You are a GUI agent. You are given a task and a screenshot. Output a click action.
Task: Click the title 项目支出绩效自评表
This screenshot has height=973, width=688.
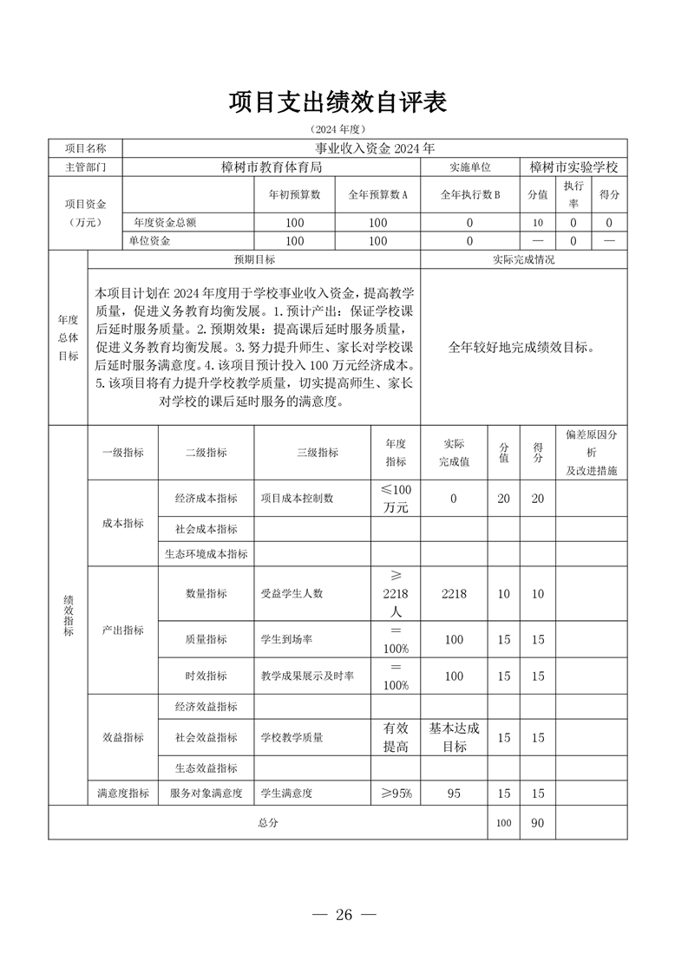coord(337,102)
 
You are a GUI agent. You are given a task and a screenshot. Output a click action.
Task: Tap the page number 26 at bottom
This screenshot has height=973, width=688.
coord(344,915)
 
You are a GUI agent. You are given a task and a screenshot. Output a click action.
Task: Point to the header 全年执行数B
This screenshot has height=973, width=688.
coord(470,195)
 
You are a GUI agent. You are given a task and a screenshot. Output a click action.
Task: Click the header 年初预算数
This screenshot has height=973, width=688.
coord(295,195)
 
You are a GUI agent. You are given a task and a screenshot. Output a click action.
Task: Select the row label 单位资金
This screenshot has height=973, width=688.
coord(150,241)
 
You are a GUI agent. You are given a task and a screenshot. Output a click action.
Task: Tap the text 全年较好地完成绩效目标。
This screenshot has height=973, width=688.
coord(522,348)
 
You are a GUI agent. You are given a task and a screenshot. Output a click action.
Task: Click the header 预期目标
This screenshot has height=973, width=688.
coord(254,259)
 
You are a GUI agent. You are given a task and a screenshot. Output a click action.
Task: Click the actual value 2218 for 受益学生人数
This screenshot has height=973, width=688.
coord(454,594)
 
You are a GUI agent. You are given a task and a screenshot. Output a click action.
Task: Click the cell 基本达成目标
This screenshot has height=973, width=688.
coord(454,737)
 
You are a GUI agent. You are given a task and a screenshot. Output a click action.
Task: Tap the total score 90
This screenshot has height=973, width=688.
coord(538,822)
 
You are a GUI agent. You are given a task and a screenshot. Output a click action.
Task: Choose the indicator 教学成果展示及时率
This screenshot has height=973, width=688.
coord(313,676)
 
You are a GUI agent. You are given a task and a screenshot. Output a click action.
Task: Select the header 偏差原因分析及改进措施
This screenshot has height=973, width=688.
coord(591,453)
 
